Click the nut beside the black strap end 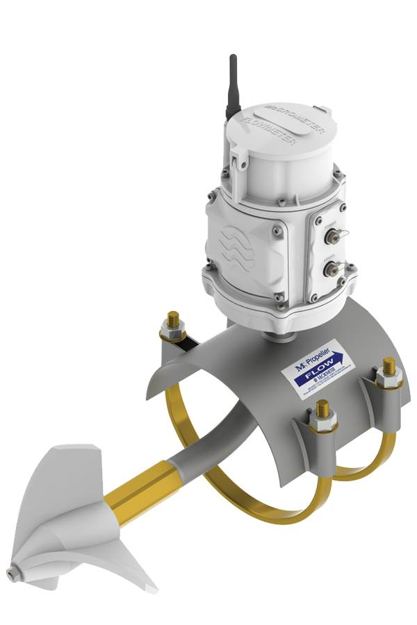point(171,324)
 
